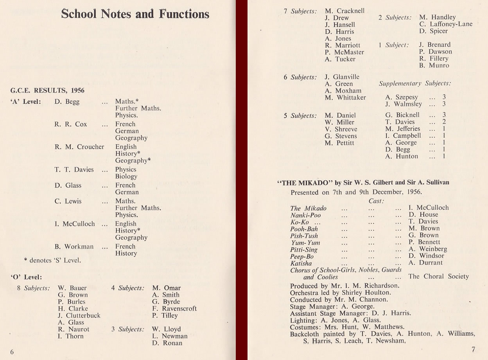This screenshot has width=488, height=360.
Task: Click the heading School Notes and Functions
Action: point(135,14)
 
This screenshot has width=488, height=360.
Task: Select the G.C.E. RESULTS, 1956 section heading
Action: point(47,90)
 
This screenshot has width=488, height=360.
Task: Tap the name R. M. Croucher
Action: point(79,147)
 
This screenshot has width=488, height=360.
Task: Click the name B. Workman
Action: point(74,247)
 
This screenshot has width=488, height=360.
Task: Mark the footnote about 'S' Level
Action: point(52,260)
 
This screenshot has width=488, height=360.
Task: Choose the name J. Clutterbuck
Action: point(79,315)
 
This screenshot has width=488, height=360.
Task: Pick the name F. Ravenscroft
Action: point(174,308)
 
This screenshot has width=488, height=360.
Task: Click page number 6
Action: point(12,352)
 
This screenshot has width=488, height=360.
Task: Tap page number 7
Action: point(473,349)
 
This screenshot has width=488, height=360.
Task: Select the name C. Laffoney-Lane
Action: point(446,24)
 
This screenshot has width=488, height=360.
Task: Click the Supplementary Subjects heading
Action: point(415,83)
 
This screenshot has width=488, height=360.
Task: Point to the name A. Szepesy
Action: point(402,97)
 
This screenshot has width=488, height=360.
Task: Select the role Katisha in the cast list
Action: point(301,263)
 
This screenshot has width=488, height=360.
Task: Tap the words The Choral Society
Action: point(438,276)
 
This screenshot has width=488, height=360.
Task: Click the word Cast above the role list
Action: point(376,201)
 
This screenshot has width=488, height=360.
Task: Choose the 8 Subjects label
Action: point(33,288)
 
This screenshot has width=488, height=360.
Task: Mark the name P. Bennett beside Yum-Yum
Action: point(424,242)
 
